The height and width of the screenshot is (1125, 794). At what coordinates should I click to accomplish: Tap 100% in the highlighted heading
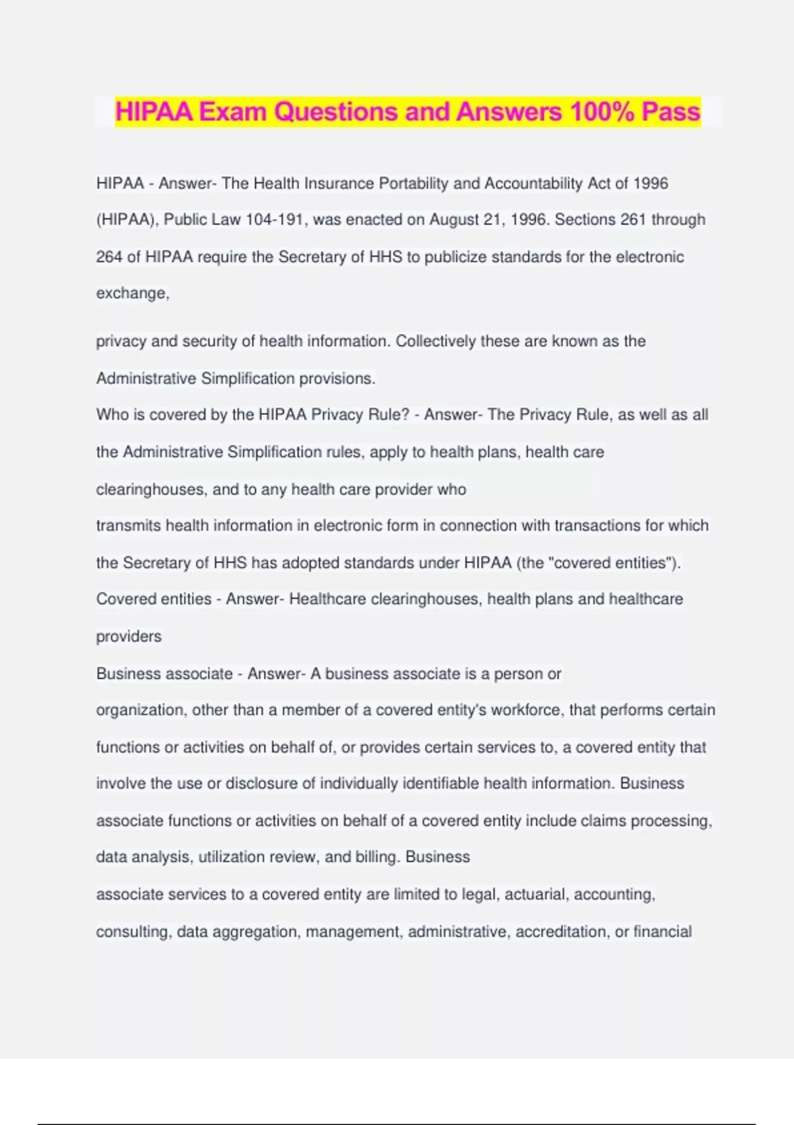[x=601, y=112]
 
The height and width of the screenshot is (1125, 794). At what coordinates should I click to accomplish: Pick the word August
[x=454, y=220]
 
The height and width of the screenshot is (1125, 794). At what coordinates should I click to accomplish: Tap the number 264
[x=109, y=257]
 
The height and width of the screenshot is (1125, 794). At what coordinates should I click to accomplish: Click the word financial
[x=662, y=932]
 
